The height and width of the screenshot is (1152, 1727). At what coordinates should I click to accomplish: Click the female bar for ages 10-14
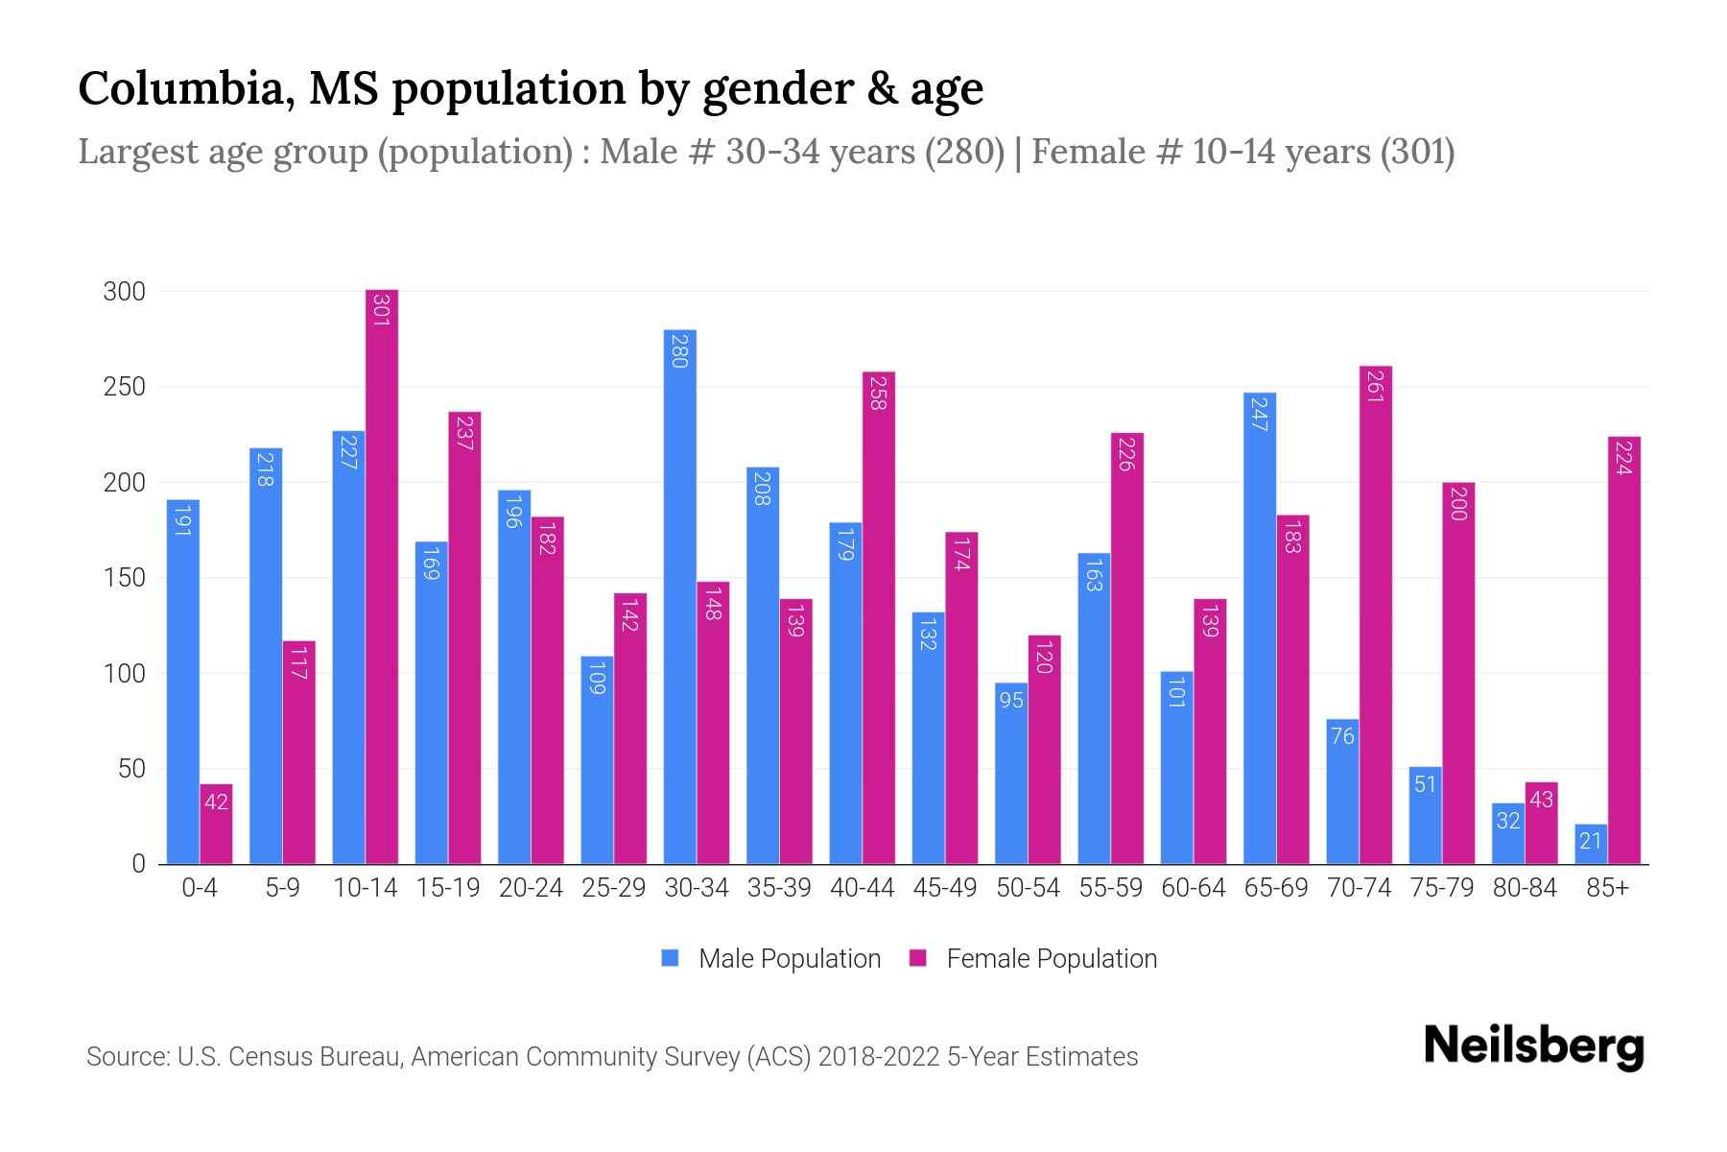[x=382, y=576]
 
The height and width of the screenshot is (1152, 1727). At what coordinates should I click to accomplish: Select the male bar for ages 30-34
[x=680, y=595]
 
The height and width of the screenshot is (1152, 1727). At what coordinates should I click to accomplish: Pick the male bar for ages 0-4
[x=183, y=682]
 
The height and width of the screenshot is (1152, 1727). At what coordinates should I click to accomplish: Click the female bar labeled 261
[x=1376, y=614]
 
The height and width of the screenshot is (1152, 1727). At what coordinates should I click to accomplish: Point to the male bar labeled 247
[x=1260, y=629]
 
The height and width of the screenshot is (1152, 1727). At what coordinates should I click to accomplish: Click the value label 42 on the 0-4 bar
[x=216, y=801]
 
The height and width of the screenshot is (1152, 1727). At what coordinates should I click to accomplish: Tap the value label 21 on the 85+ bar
[x=1591, y=842]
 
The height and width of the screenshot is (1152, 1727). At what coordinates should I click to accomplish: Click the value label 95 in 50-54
[x=1011, y=700]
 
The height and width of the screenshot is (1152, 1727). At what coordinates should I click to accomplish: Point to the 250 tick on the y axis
[x=125, y=387]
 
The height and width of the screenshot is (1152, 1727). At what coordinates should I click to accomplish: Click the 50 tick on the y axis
[x=132, y=769]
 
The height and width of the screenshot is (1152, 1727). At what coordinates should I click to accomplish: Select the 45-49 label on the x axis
[x=945, y=888]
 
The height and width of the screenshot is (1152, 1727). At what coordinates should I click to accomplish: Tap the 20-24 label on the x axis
[x=531, y=888]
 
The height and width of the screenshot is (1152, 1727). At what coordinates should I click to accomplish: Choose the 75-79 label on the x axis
[x=1441, y=888]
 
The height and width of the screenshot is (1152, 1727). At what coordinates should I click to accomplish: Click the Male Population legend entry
[x=771, y=959]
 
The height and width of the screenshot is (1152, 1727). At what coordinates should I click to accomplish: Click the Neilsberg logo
[x=1534, y=1046]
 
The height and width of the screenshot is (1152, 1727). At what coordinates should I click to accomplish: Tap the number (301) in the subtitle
[x=1417, y=152]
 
